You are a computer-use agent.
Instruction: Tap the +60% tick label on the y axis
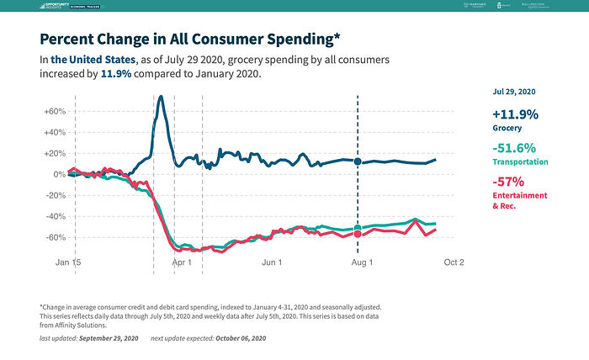pyautogui.click(x=55, y=111)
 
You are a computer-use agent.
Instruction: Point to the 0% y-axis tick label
pyautogui.click(x=60, y=174)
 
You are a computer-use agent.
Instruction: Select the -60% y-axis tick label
pyautogui.click(x=55, y=237)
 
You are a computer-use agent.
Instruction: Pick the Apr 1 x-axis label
pyautogui.click(x=183, y=262)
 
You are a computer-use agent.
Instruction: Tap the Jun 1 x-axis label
pyautogui.click(x=273, y=262)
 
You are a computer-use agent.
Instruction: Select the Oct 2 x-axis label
pyautogui.click(x=454, y=262)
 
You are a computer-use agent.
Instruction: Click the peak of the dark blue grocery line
pyautogui.click(x=161, y=97)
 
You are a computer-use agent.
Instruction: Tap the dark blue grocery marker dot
pyautogui.click(x=358, y=161)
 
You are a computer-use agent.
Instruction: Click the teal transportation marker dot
pyautogui.click(x=358, y=229)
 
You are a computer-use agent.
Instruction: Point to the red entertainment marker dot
pyautogui.click(x=358, y=234)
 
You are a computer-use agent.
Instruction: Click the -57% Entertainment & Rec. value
pyautogui.click(x=509, y=181)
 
